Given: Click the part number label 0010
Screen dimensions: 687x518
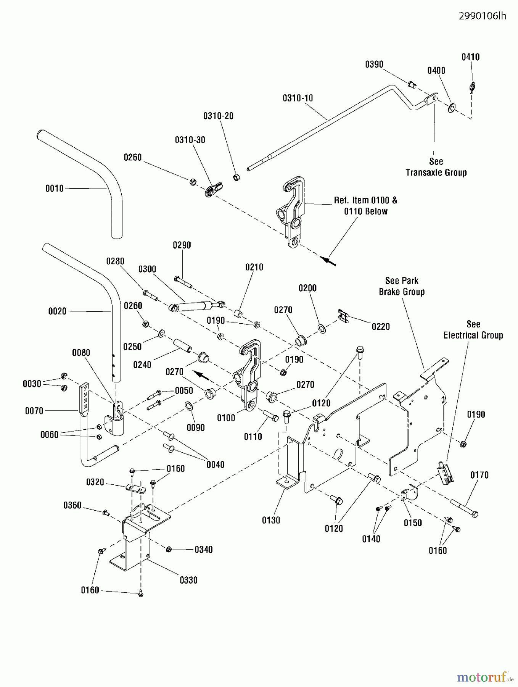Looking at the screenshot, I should click(x=55, y=188).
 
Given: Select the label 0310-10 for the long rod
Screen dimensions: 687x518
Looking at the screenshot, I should click(x=298, y=98).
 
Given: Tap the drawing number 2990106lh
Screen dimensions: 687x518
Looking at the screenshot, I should click(x=482, y=16).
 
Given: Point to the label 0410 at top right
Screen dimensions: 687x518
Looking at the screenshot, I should click(x=470, y=57).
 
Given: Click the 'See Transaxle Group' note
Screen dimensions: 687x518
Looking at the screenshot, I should click(x=436, y=167).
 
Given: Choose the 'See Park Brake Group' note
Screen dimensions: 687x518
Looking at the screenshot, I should click(x=402, y=286).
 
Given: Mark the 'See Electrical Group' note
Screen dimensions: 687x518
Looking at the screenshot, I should click(x=473, y=330).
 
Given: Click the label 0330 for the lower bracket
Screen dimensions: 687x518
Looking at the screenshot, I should click(x=188, y=580).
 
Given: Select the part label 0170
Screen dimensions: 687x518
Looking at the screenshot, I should click(x=479, y=475).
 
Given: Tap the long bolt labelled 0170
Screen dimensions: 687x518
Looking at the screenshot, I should click(x=463, y=508).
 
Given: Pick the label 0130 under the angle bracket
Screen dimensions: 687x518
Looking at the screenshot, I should click(x=271, y=520).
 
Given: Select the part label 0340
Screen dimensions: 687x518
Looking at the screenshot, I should click(x=203, y=550).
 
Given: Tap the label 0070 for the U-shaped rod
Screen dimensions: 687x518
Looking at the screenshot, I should click(x=34, y=411).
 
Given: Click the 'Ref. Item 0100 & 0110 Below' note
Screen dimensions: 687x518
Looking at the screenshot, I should click(x=365, y=206).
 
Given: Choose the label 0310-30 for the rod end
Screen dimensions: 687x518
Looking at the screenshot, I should click(x=190, y=140).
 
